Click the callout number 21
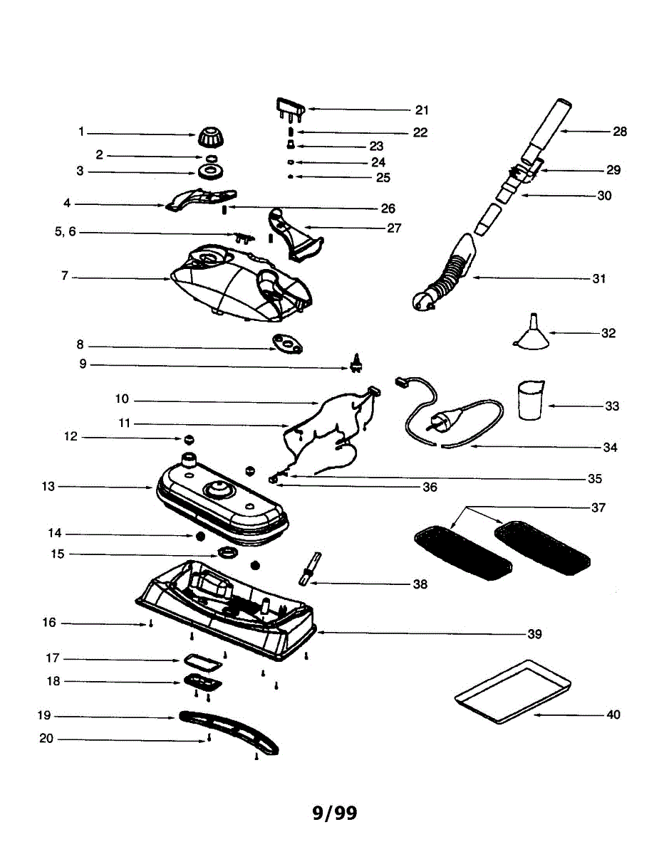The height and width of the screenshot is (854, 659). click(422, 110)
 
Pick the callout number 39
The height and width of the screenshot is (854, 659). click(534, 633)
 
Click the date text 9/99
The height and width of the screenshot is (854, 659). click(335, 812)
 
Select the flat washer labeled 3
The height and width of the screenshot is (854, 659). click(210, 172)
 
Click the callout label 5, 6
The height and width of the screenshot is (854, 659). click(65, 232)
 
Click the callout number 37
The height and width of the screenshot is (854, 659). click(598, 507)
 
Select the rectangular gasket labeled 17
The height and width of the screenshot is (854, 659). click(202, 662)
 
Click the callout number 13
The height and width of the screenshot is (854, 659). click(48, 487)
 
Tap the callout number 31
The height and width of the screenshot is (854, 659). click(599, 278)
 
